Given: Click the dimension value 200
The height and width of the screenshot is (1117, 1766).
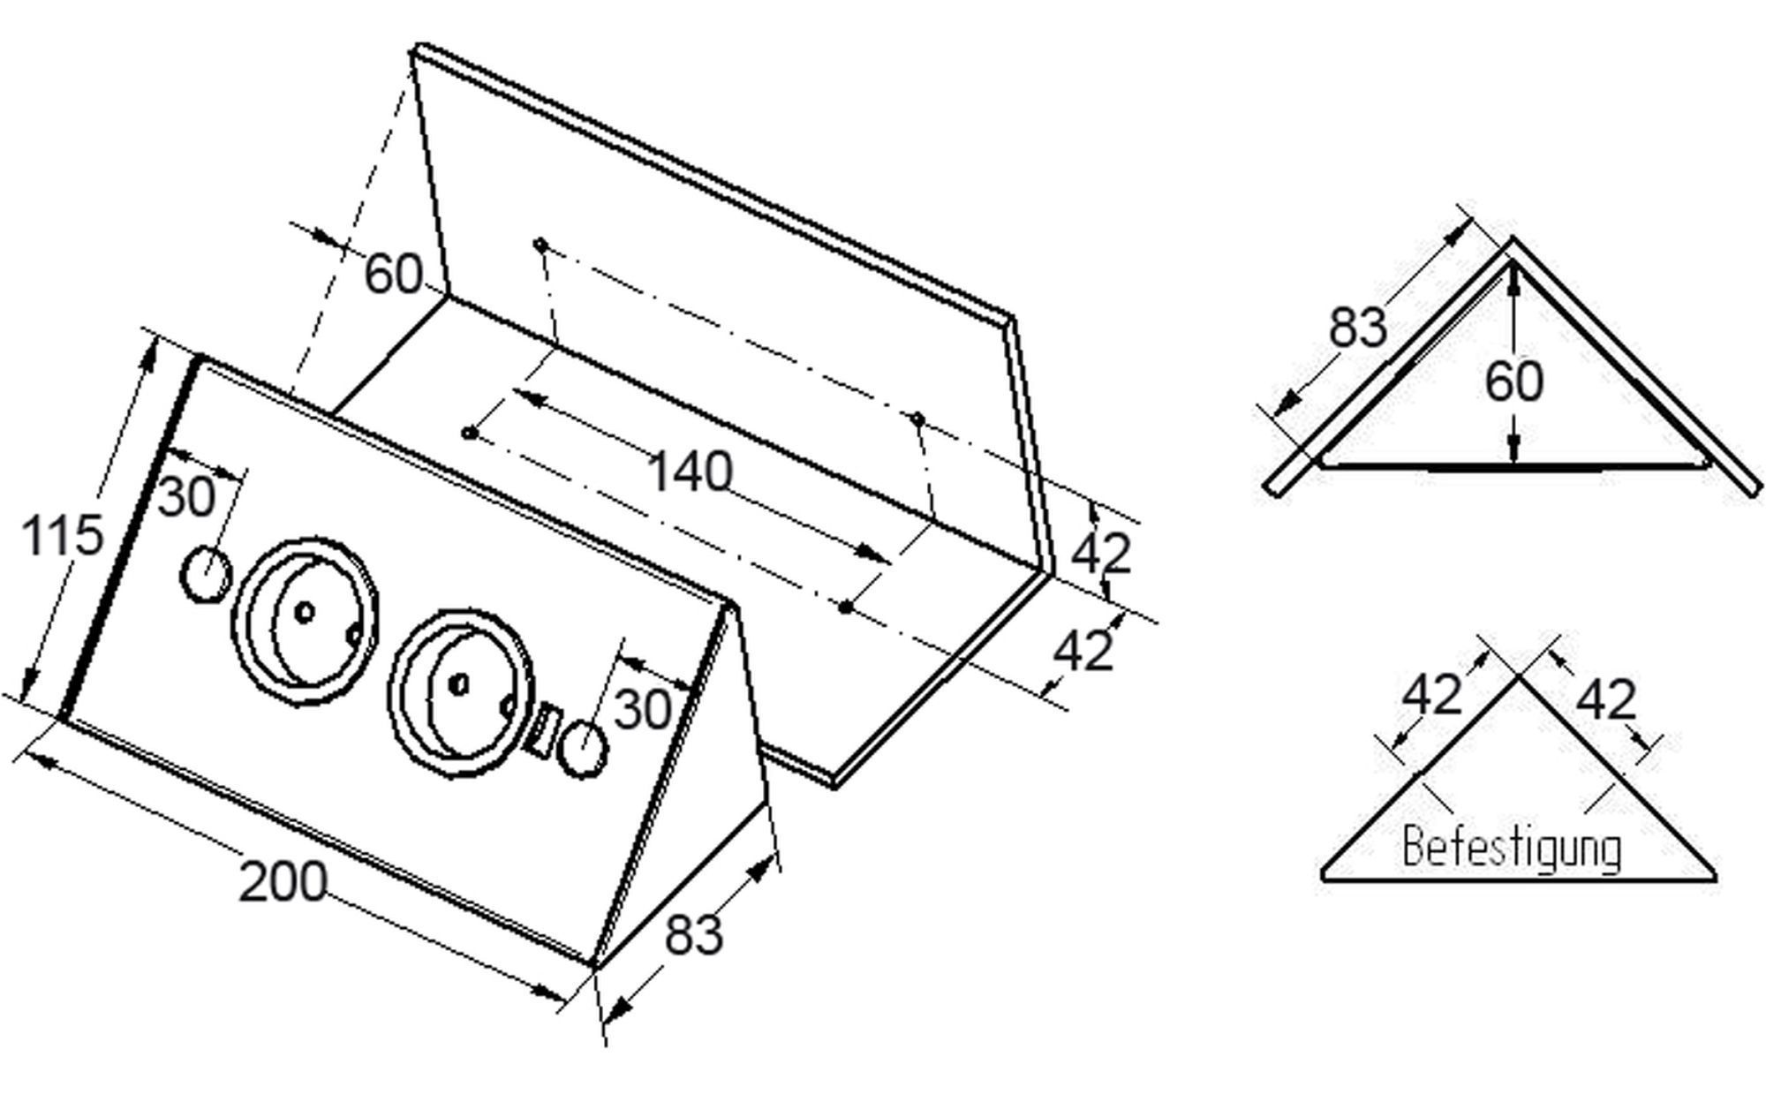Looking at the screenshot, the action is [283, 881].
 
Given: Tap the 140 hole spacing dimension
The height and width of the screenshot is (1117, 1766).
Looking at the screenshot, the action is [690, 472].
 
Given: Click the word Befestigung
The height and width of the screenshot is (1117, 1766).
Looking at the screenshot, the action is [1512, 849].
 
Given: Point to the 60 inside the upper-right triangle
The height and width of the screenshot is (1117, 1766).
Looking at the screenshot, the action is [1513, 381].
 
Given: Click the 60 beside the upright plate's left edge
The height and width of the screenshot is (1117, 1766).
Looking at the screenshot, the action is [393, 274].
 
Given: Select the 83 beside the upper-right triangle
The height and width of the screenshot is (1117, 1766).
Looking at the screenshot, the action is [1358, 327].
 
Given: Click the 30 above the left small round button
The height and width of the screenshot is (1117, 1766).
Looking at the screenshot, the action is [187, 496].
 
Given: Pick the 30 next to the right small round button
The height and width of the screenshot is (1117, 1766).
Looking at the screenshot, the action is [642, 709].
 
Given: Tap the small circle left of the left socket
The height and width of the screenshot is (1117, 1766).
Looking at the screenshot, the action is [206, 573].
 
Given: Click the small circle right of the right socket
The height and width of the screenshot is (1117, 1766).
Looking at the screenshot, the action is [585, 750].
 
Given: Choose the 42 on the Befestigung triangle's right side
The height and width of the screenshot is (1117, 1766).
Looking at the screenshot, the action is [1606, 700].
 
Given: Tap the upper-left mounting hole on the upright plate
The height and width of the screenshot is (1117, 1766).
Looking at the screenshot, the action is [540, 244].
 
